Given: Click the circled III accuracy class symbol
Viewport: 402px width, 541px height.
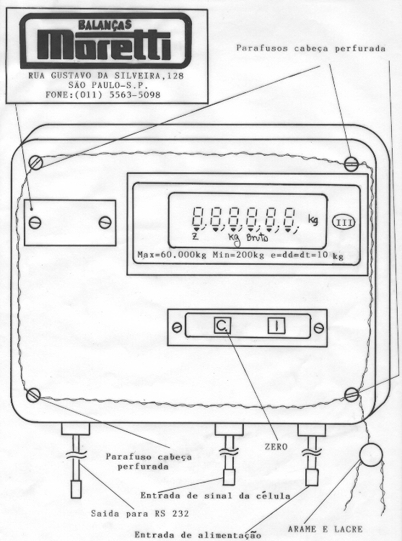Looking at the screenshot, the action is coord(344,223).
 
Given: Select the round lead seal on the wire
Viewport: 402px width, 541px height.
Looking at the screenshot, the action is coord(371,454).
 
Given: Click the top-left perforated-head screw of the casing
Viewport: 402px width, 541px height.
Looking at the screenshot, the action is coord(35,162).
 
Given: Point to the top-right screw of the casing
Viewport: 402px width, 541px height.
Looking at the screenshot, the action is coord(351,164).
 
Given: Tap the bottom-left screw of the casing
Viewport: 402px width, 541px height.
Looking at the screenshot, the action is coord(33,395).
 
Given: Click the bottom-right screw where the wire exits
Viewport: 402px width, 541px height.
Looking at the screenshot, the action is coord(351,395).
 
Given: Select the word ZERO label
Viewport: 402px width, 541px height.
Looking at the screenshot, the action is coord(276,447).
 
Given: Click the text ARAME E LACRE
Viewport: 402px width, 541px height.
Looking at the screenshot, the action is coord(325,529).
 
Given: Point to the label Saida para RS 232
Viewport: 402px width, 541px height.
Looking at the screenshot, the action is coord(140,514).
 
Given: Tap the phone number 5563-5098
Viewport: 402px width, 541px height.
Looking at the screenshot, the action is coord(135,94).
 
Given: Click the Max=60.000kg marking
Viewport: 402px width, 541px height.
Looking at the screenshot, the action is coord(172,255).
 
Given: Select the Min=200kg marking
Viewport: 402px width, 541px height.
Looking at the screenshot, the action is coord(238,255).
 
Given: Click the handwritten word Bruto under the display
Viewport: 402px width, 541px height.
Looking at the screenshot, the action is coord(257,238).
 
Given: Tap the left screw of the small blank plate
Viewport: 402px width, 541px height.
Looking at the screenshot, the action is coord(35,223).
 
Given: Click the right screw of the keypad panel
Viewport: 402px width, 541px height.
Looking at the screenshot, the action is coord(319,327).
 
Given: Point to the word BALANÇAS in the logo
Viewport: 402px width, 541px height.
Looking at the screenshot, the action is coord(105,25).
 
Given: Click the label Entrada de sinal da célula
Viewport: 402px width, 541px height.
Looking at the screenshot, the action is coord(215,496).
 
